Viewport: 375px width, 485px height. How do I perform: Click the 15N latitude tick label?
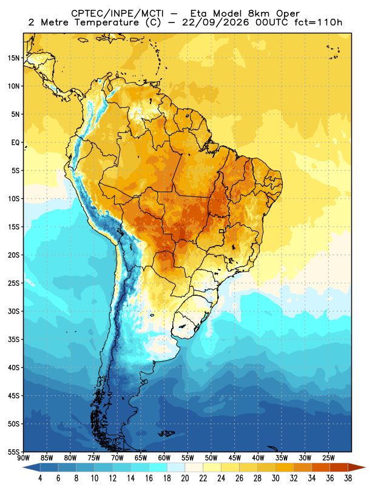[13, 58]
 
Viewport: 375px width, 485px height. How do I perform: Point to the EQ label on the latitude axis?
[16, 142]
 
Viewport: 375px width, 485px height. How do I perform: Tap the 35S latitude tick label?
[13, 339]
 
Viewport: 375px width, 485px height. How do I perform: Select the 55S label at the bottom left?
[13, 452]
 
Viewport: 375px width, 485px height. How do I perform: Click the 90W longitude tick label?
[24, 458]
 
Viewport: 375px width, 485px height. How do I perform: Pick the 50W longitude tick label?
[211, 458]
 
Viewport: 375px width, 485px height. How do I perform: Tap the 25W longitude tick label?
[328, 458]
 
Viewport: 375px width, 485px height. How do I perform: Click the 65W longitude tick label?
[141, 458]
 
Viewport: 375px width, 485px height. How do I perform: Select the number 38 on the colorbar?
[348, 478]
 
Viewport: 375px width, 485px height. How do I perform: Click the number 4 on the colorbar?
[40, 478]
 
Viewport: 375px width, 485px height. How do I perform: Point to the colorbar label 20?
[185, 478]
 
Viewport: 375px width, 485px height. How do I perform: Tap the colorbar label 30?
[275, 478]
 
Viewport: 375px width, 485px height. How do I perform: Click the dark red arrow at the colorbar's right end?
[357, 467]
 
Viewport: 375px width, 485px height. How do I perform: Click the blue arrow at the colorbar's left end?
[31, 467]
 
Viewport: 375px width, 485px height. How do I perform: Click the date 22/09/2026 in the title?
[215, 22]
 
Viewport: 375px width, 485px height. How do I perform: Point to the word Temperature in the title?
[107, 22]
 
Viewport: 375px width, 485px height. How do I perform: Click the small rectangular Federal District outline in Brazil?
[221, 231]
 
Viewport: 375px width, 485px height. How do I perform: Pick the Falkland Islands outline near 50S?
[166, 433]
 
